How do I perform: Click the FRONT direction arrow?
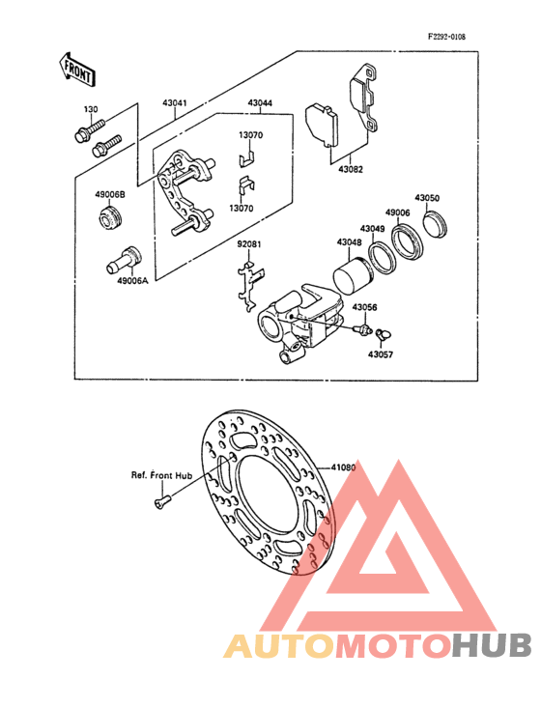pos(76,69)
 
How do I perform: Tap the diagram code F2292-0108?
pos(446,37)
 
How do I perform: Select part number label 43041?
pos(175,103)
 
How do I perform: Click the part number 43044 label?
pos(260,103)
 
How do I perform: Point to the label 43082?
pos(351,170)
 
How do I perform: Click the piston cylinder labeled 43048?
pos(353,274)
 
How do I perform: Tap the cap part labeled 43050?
pos(436,224)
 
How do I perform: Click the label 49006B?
pos(110,195)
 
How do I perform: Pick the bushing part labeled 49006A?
pos(124,260)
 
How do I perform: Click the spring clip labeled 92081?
pos(250,285)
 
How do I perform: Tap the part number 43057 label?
pos(381,354)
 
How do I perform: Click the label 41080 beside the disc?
pos(344,467)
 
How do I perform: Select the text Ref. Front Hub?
pos(161,475)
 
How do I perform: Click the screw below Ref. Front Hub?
pos(162,501)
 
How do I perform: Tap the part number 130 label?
pos(91,109)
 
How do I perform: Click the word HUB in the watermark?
pos(492,645)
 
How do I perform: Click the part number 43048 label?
pos(349,242)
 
